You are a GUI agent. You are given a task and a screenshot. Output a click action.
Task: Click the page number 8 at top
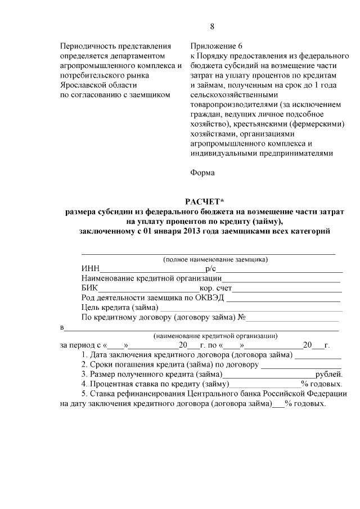[x=212, y=26]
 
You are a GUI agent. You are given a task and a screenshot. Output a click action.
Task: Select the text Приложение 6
[x=217, y=46]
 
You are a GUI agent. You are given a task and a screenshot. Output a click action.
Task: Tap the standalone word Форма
[x=202, y=173]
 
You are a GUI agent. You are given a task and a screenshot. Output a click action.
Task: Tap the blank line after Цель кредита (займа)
[x=251, y=308]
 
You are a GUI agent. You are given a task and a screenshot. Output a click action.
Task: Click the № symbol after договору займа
[x=243, y=317]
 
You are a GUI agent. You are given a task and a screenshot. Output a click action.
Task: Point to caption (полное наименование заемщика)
[x=215, y=260]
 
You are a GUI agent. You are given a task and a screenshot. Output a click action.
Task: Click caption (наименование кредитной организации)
[x=215, y=336]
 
